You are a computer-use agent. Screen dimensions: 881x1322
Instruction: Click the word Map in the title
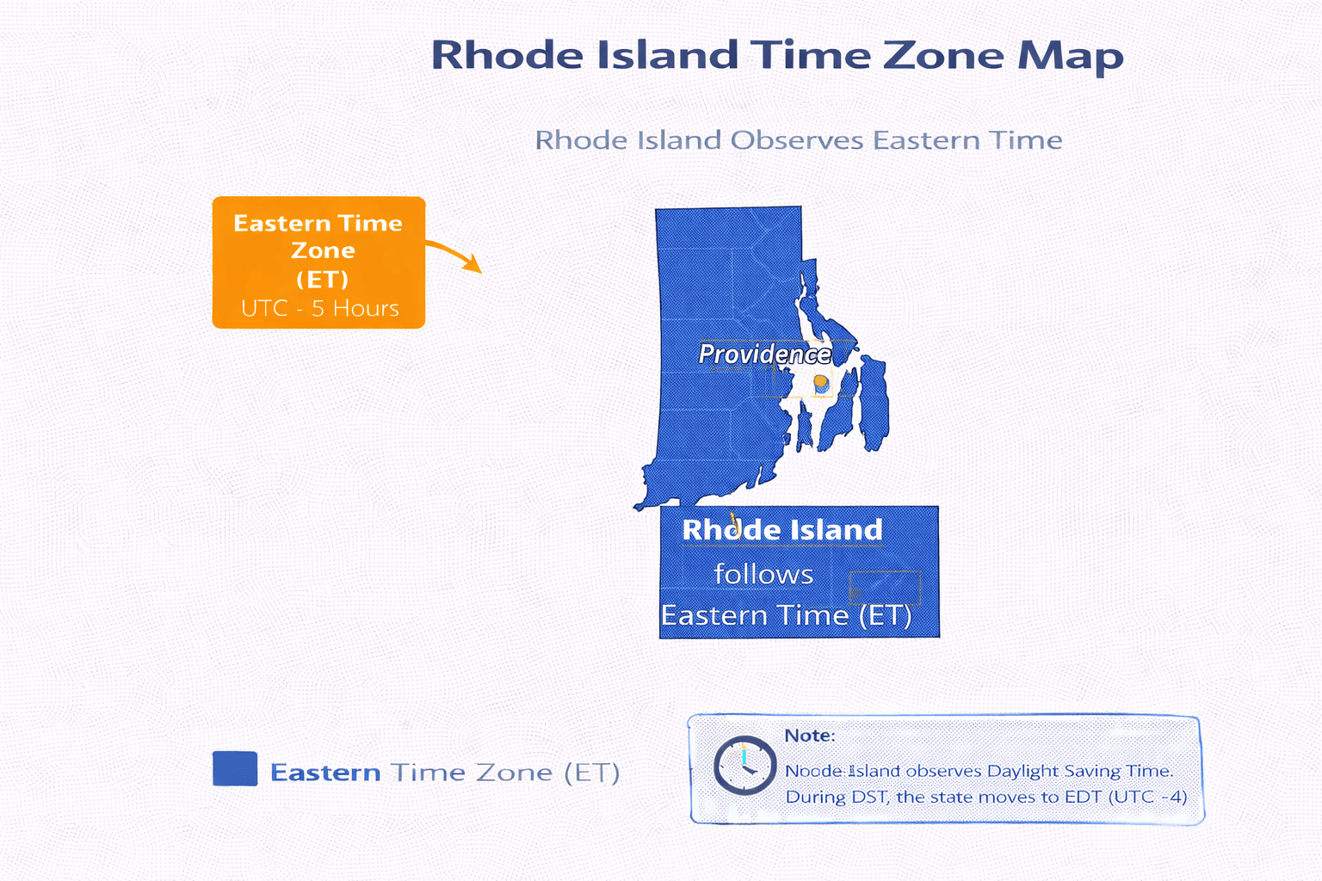1071,56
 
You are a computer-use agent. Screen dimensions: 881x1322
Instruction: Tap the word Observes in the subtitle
796,140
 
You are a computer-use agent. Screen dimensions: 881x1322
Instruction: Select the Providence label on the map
764,354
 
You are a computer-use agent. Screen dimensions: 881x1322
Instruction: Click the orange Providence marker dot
820,381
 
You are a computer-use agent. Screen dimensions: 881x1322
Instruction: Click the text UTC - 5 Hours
319,308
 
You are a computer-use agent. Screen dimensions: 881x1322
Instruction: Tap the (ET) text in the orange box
322,280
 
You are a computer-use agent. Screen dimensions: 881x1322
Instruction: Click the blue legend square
235,768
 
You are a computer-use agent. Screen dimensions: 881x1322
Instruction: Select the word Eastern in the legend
325,773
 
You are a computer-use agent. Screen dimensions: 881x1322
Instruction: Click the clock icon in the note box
744,765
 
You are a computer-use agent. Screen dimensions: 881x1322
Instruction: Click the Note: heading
809,736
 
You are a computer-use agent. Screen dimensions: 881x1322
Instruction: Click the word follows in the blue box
763,574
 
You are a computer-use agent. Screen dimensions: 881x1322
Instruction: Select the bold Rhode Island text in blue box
781,530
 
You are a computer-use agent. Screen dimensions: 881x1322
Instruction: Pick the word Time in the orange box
370,224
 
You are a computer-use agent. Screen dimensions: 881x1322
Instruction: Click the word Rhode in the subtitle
583,140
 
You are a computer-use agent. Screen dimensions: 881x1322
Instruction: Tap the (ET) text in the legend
592,773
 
